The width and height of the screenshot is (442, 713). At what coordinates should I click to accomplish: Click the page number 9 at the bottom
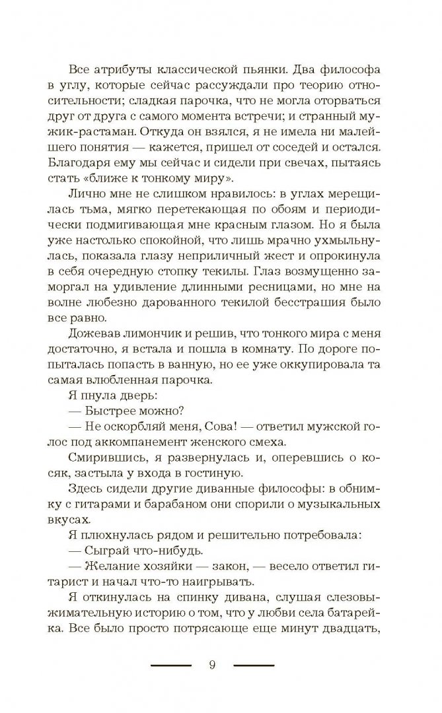[212, 665]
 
